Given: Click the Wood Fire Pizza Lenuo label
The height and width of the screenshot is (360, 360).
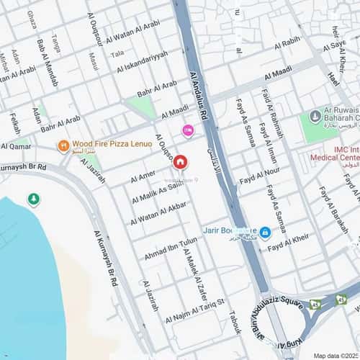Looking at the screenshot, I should click(x=112, y=144).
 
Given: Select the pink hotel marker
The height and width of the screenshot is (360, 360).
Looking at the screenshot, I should click(x=188, y=130).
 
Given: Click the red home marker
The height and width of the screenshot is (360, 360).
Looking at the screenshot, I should click(x=181, y=163).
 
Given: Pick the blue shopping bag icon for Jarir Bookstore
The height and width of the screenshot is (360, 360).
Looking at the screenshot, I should click(x=265, y=232).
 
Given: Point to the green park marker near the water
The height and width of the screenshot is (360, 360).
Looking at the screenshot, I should click(x=33, y=199).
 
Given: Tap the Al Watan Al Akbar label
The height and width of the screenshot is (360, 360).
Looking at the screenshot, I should click(x=158, y=213).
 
